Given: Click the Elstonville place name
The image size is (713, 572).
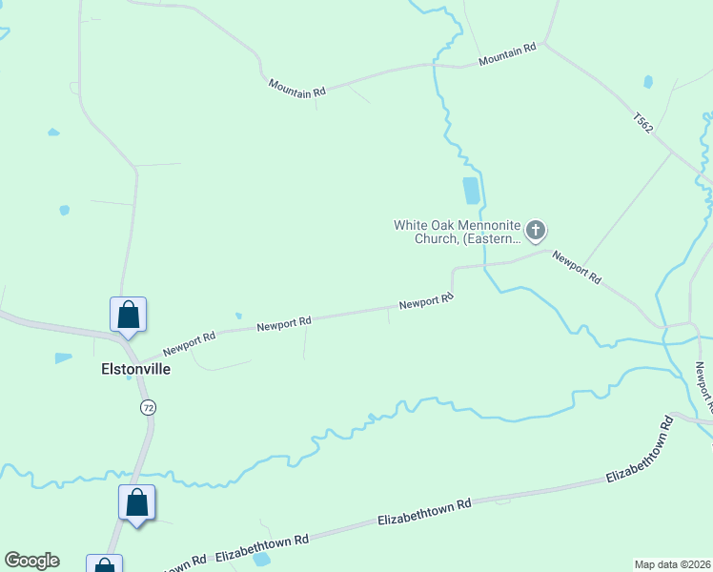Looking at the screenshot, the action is pos(135,369).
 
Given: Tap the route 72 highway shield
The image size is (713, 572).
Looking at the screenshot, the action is pos(147,407).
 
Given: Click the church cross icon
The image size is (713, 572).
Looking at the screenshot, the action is pos(537,230).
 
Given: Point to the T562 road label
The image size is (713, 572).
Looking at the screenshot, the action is pos(642,123).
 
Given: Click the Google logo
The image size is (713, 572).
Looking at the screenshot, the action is pos(31,561).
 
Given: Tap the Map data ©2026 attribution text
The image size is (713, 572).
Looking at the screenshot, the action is pos(672,563).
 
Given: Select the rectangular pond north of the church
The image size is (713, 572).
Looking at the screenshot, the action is pos(471,191).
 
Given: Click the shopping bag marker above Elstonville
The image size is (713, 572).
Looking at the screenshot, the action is pos(128,315).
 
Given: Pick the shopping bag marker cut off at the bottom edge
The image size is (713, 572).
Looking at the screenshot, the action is pos(104,564).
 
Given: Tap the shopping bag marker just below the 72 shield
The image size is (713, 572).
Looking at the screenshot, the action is pos(136,502).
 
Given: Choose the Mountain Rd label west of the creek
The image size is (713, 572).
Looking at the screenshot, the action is pos(296,87).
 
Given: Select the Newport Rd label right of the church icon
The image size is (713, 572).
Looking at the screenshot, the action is pos(578,268).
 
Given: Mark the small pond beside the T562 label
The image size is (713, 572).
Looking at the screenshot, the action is pos(648,82).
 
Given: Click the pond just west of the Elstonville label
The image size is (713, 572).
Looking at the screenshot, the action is pos(63,358).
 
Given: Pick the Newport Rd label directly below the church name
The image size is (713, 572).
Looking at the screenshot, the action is pos(425,301).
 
